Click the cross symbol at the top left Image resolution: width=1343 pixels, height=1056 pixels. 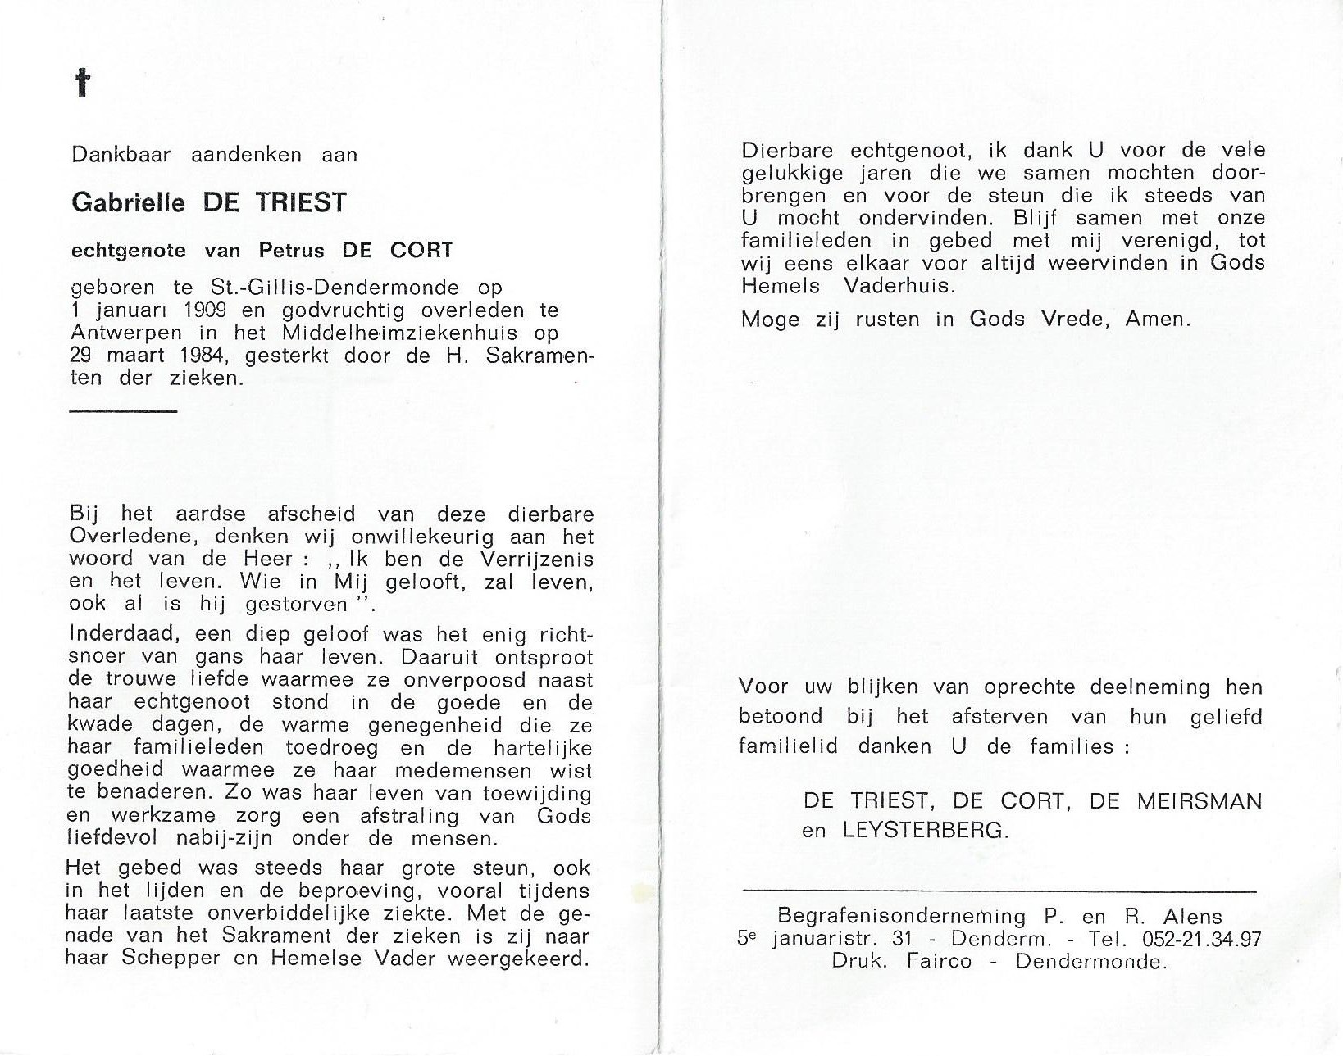click(x=81, y=84)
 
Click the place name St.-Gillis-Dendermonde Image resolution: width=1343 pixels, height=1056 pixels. click(x=357, y=288)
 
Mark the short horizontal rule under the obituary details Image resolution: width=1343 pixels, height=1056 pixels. click(x=123, y=410)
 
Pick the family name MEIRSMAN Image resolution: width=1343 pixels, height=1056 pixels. click(x=1199, y=800)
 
